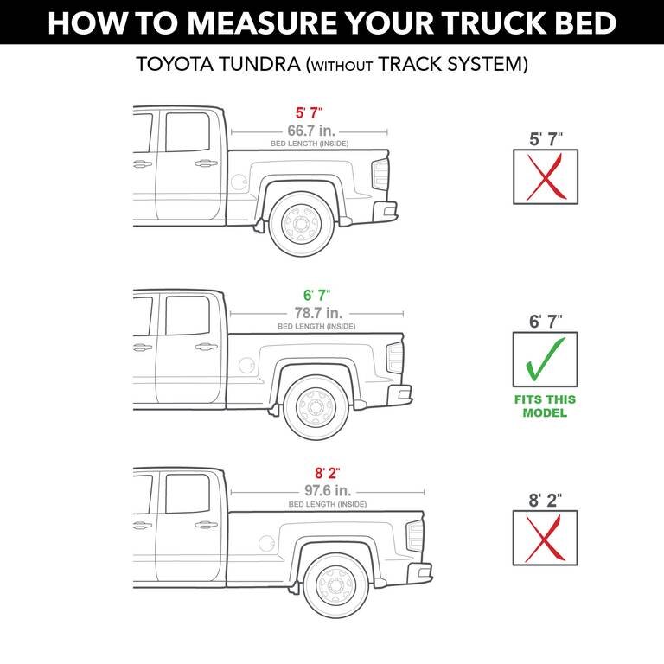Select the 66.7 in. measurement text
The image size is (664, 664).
click(x=311, y=130)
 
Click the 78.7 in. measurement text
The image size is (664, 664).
click(x=318, y=313)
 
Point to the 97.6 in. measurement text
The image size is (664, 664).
click(x=329, y=490)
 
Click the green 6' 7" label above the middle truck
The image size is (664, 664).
click(x=316, y=295)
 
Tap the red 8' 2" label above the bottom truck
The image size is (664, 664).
click(x=328, y=473)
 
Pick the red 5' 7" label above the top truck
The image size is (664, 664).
click(x=309, y=112)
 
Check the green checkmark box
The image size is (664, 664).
click(x=545, y=359)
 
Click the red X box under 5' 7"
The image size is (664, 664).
click(x=546, y=176)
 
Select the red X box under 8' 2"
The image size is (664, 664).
click(x=545, y=538)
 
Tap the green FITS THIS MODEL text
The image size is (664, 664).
click(x=545, y=406)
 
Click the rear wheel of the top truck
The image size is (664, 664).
click(x=302, y=224)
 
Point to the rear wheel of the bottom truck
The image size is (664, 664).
click(x=335, y=585)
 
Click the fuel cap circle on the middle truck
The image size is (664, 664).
click(x=247, y=365)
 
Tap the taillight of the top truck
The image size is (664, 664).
click(x=380, y=175)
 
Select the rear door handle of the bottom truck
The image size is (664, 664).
click(x=207, y=525)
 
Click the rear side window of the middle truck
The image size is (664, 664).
click(x=188, y=316)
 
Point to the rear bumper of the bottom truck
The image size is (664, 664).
click(x=419, y=573)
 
